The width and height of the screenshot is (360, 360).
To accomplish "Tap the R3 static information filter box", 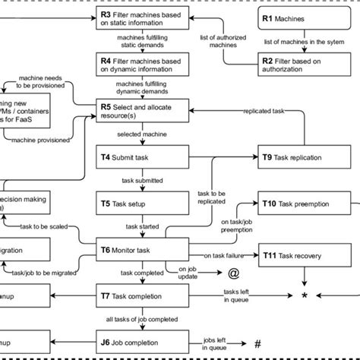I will click(x=141, y=17).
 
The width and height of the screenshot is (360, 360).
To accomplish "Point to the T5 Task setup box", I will click(x=141, y=204).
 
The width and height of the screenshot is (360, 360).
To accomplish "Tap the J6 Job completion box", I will click(x=141, y=342).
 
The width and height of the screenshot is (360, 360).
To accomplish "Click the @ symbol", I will click(x=234, y=273).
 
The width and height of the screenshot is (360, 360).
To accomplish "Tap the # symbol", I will click(x=258, y=343).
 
